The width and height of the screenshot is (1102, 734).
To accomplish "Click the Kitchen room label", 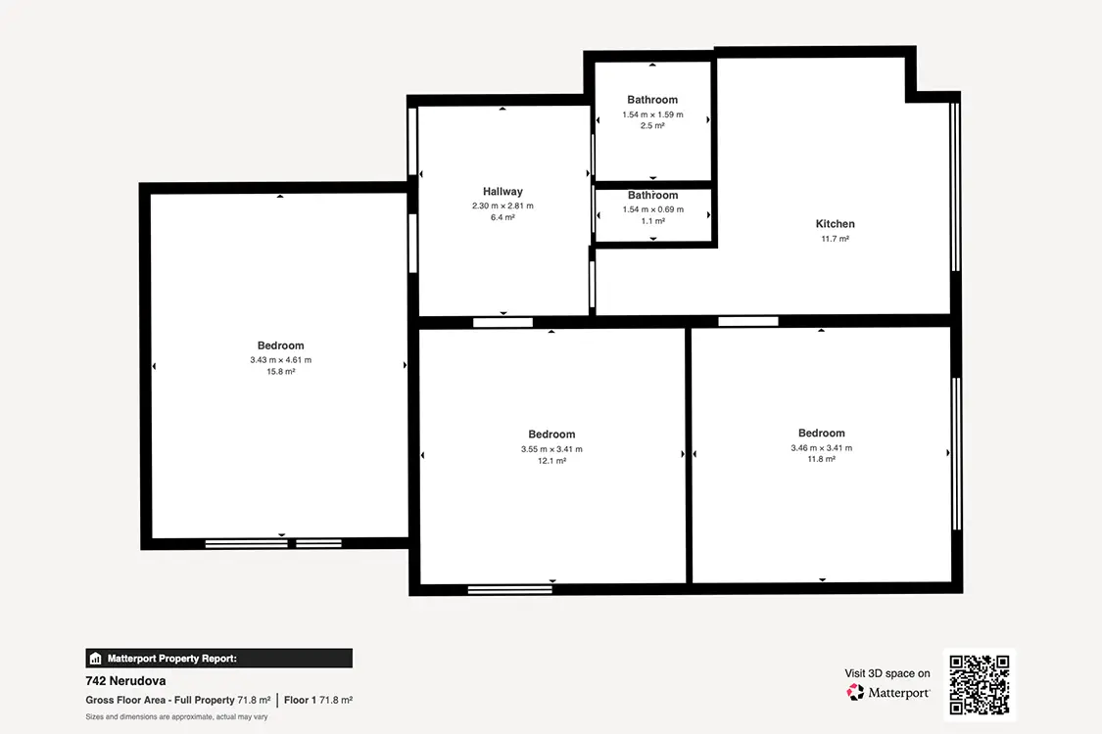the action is [x=835, y=224].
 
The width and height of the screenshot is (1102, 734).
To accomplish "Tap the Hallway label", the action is [x=503, y=192].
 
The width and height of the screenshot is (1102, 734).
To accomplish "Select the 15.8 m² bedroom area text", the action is [x=280, y=372].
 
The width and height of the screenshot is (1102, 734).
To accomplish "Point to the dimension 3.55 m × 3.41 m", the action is [x=551, y=449].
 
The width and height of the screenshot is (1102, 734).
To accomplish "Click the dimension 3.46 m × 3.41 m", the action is [x=822, y=448].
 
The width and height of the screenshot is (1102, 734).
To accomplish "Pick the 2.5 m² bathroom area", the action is [x=652, y=125].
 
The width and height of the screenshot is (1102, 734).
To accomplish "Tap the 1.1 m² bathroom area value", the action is [x=653, y=221].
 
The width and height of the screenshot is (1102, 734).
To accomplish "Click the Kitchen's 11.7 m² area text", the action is [x=835, y=239].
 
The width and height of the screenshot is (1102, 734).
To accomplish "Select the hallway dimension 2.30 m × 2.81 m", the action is [x=503, y=206].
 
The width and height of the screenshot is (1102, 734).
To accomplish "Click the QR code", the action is [x=979, y=685].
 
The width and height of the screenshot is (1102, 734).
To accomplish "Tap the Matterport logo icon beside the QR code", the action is [x=855, y=693].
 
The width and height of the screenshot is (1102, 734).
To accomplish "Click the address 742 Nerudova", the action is [x=125, y=680].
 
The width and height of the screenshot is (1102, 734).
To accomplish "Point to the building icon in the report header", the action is [x=96, y=658].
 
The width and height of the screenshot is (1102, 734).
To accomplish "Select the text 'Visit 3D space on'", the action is [x=886, y=673].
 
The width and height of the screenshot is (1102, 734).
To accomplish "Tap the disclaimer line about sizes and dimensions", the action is [x=176, y=717].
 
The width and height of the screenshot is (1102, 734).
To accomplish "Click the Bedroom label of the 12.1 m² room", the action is [x=551, y=435].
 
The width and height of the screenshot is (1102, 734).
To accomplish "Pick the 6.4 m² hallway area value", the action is [x=503, y=217].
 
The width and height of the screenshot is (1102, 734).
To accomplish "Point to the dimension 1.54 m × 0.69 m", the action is [x=653, y=210].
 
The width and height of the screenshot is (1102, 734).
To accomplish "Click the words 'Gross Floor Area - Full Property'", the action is [x=161, y=701].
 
